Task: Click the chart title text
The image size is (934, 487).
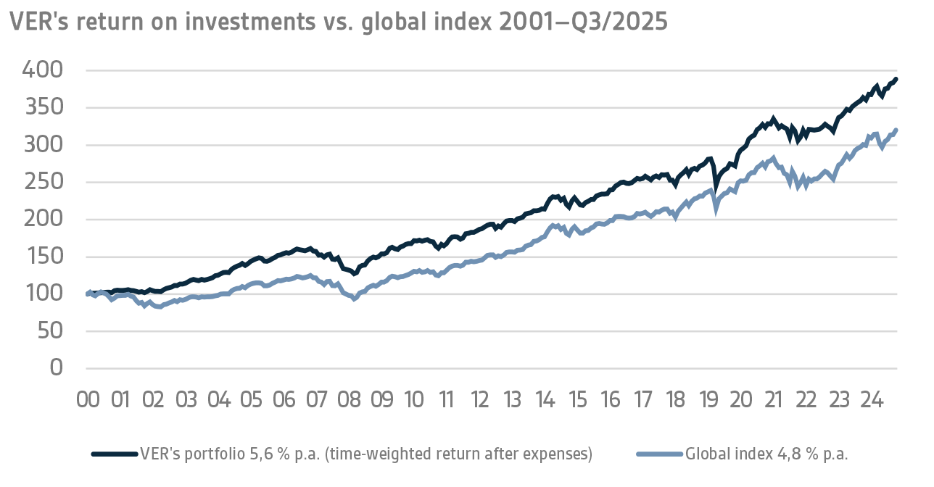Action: pyautogui.click(x=338, y=22)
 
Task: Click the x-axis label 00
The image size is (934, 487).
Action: pyautogui.click(x=88, y=400)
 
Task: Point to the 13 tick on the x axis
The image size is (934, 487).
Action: pyautogui.click(x=513, y=400)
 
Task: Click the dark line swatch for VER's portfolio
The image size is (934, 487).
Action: pyautogui.click(x=114, y=454)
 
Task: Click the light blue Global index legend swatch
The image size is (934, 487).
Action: pyautogui.click(x=659, y=454)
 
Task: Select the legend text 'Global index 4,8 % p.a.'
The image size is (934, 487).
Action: pyautogui.click(x=766, y=454)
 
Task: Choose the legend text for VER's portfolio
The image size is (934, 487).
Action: pyautogui.click(x=366, y=454)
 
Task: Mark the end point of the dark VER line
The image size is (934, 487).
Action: pyautogui.click(x=896, y=79)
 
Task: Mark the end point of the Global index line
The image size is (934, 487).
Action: pyautogui.click(x=896, y=130)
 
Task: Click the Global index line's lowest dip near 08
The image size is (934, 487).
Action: pyautogui.click(x=354, y=298)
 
